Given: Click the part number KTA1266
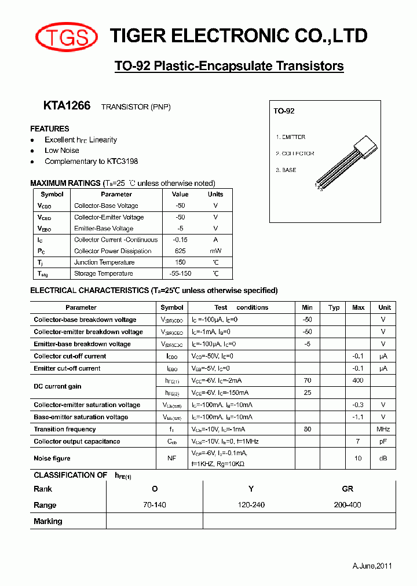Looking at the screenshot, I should click(67, 106).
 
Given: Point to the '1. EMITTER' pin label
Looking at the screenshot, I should click(291, 137).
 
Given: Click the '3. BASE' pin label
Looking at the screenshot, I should click(286, 170).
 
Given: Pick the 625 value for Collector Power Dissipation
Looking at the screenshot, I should click(180, 251).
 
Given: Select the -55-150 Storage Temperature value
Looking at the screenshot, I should click(180, 274).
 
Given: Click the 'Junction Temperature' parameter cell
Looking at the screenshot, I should click(104, 262).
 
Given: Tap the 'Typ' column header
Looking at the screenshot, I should click(334, 307).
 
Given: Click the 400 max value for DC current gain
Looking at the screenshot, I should click(358, 380).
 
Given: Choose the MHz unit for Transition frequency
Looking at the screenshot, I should click(383, 430).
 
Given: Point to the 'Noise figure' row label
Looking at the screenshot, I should click(52, 458).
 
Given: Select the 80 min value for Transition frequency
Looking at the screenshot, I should click(307, 430).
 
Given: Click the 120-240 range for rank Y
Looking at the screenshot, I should click(251, 505).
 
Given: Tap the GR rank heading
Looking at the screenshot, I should click(348, 489).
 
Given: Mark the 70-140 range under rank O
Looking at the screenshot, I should click(155, 505).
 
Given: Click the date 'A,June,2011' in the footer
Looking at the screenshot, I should click(372, 566).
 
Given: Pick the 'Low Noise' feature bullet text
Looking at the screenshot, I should click(62, 151).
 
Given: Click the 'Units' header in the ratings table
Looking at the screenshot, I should click(215, 195).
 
